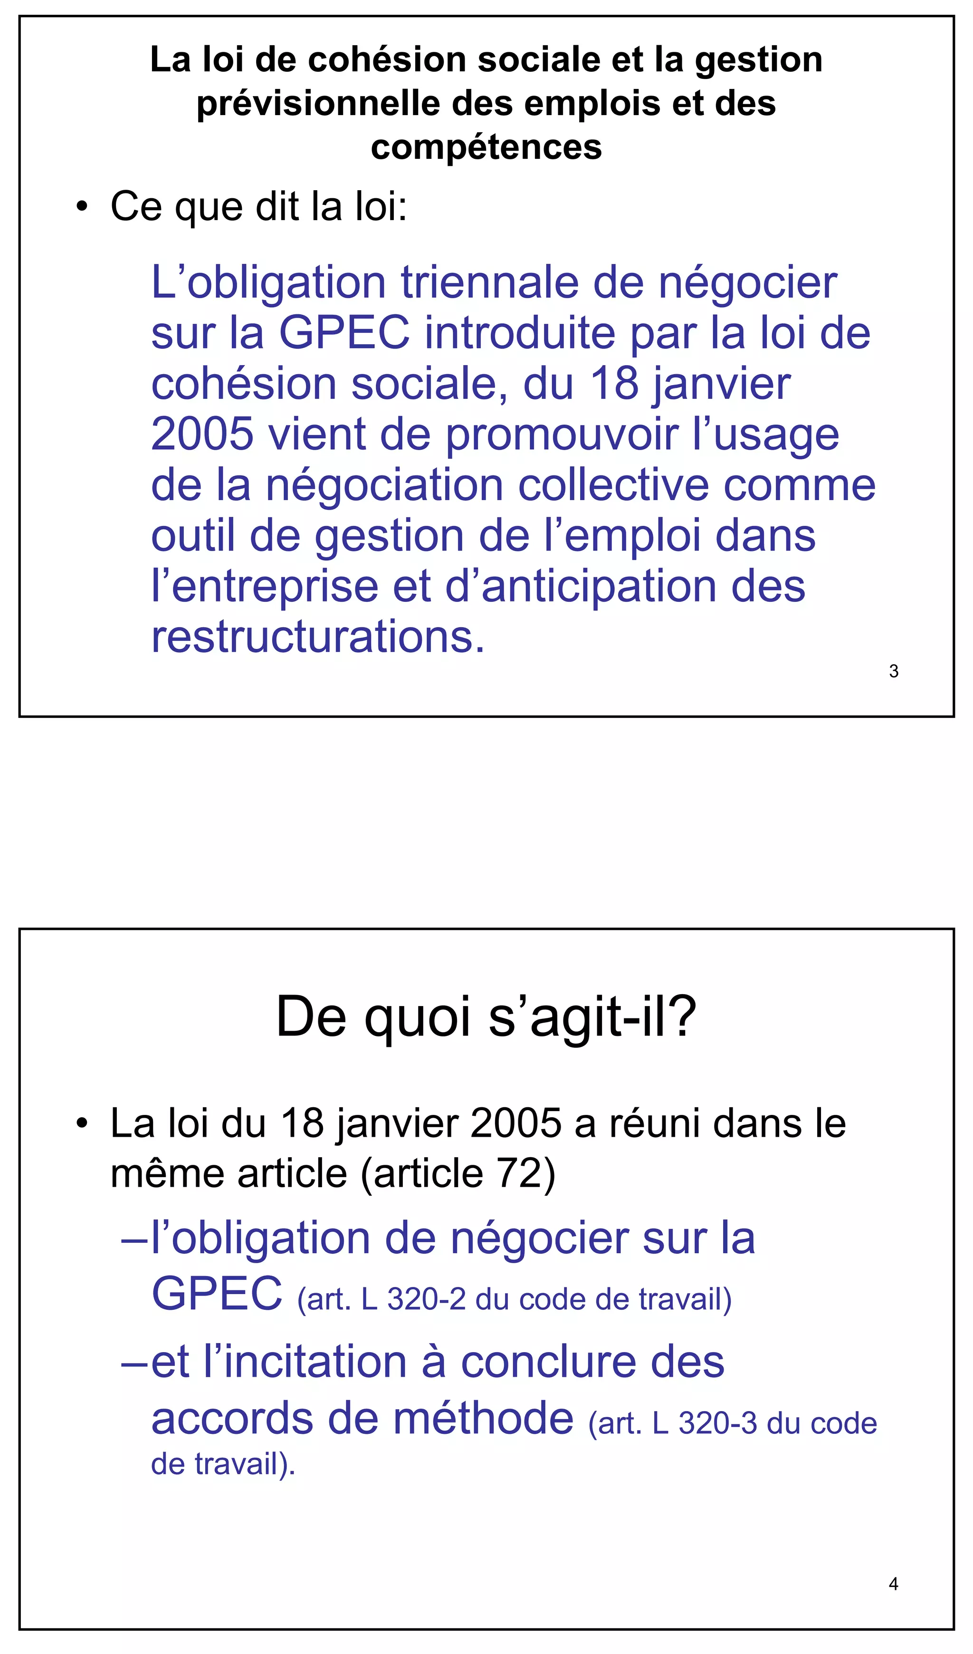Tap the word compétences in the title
[486, 147]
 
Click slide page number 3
[893, 671]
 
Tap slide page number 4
[893, 1584]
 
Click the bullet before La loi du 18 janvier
[81, 1124]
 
